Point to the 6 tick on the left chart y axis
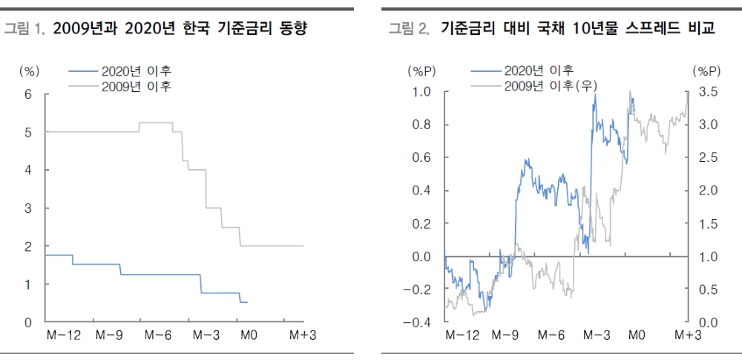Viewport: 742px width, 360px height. click(29, 94)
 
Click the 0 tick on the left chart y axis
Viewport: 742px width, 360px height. click(29, 323)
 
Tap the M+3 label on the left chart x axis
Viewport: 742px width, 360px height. click(303, 336)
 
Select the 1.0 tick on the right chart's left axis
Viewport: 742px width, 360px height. click(422, 92)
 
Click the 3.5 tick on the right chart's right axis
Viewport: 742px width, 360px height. click(708, 92)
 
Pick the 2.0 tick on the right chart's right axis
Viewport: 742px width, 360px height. click(708, 191)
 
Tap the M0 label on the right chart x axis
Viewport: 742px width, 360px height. click(636, 336)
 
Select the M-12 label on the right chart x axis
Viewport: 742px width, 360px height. click(462, 336)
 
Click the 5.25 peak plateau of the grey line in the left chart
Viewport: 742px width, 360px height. click(156, 122)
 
